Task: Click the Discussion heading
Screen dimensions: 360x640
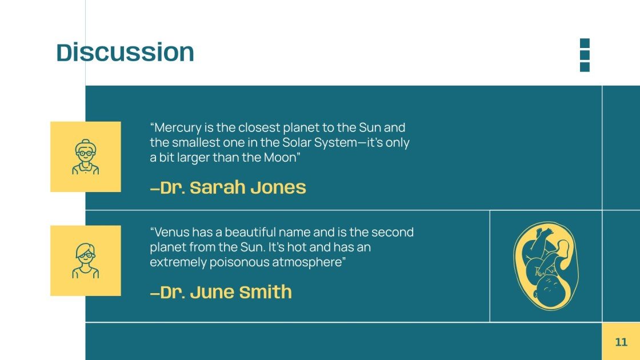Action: pyautogui.click(x=125, y=52)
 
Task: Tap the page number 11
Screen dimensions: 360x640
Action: pyautogui.click(x=621, y=342)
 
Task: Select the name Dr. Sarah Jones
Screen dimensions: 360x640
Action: pyautogui.click(x=228, y=187)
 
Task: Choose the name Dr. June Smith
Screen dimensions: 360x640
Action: pyautogui.click(x=221, y=292)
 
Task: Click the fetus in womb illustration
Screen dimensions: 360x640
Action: pyautogui.click(x=542, y=266)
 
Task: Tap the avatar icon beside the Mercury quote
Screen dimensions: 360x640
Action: pyautogui.click(x=86, y=157)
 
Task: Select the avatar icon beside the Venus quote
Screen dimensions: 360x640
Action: pyautogui.click(x=86, y=261)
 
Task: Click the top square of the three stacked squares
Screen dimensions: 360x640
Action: pyautogui.click(x=585, y=43)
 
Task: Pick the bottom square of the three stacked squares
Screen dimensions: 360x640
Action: pyautogui.click(x=585, y=67)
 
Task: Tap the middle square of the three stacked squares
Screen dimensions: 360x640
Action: pyautogui.click(x=585, y=55)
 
